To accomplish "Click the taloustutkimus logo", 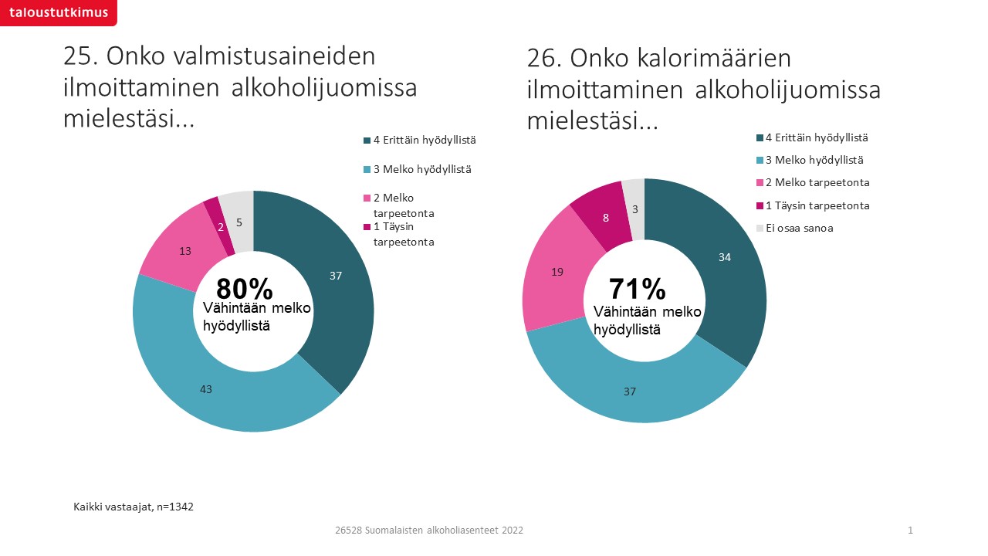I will click(x=58, y=12).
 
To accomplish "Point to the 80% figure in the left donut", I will click(x=245, y=289).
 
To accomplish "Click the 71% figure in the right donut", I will click(x=637, y=289).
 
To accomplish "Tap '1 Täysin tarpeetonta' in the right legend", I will click(x=811, y=205).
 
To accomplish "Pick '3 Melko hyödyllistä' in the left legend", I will click(x=418, y=169).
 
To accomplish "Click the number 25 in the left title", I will click(x=80, y=57).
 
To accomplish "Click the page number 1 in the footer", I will click(x=911, y=531).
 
